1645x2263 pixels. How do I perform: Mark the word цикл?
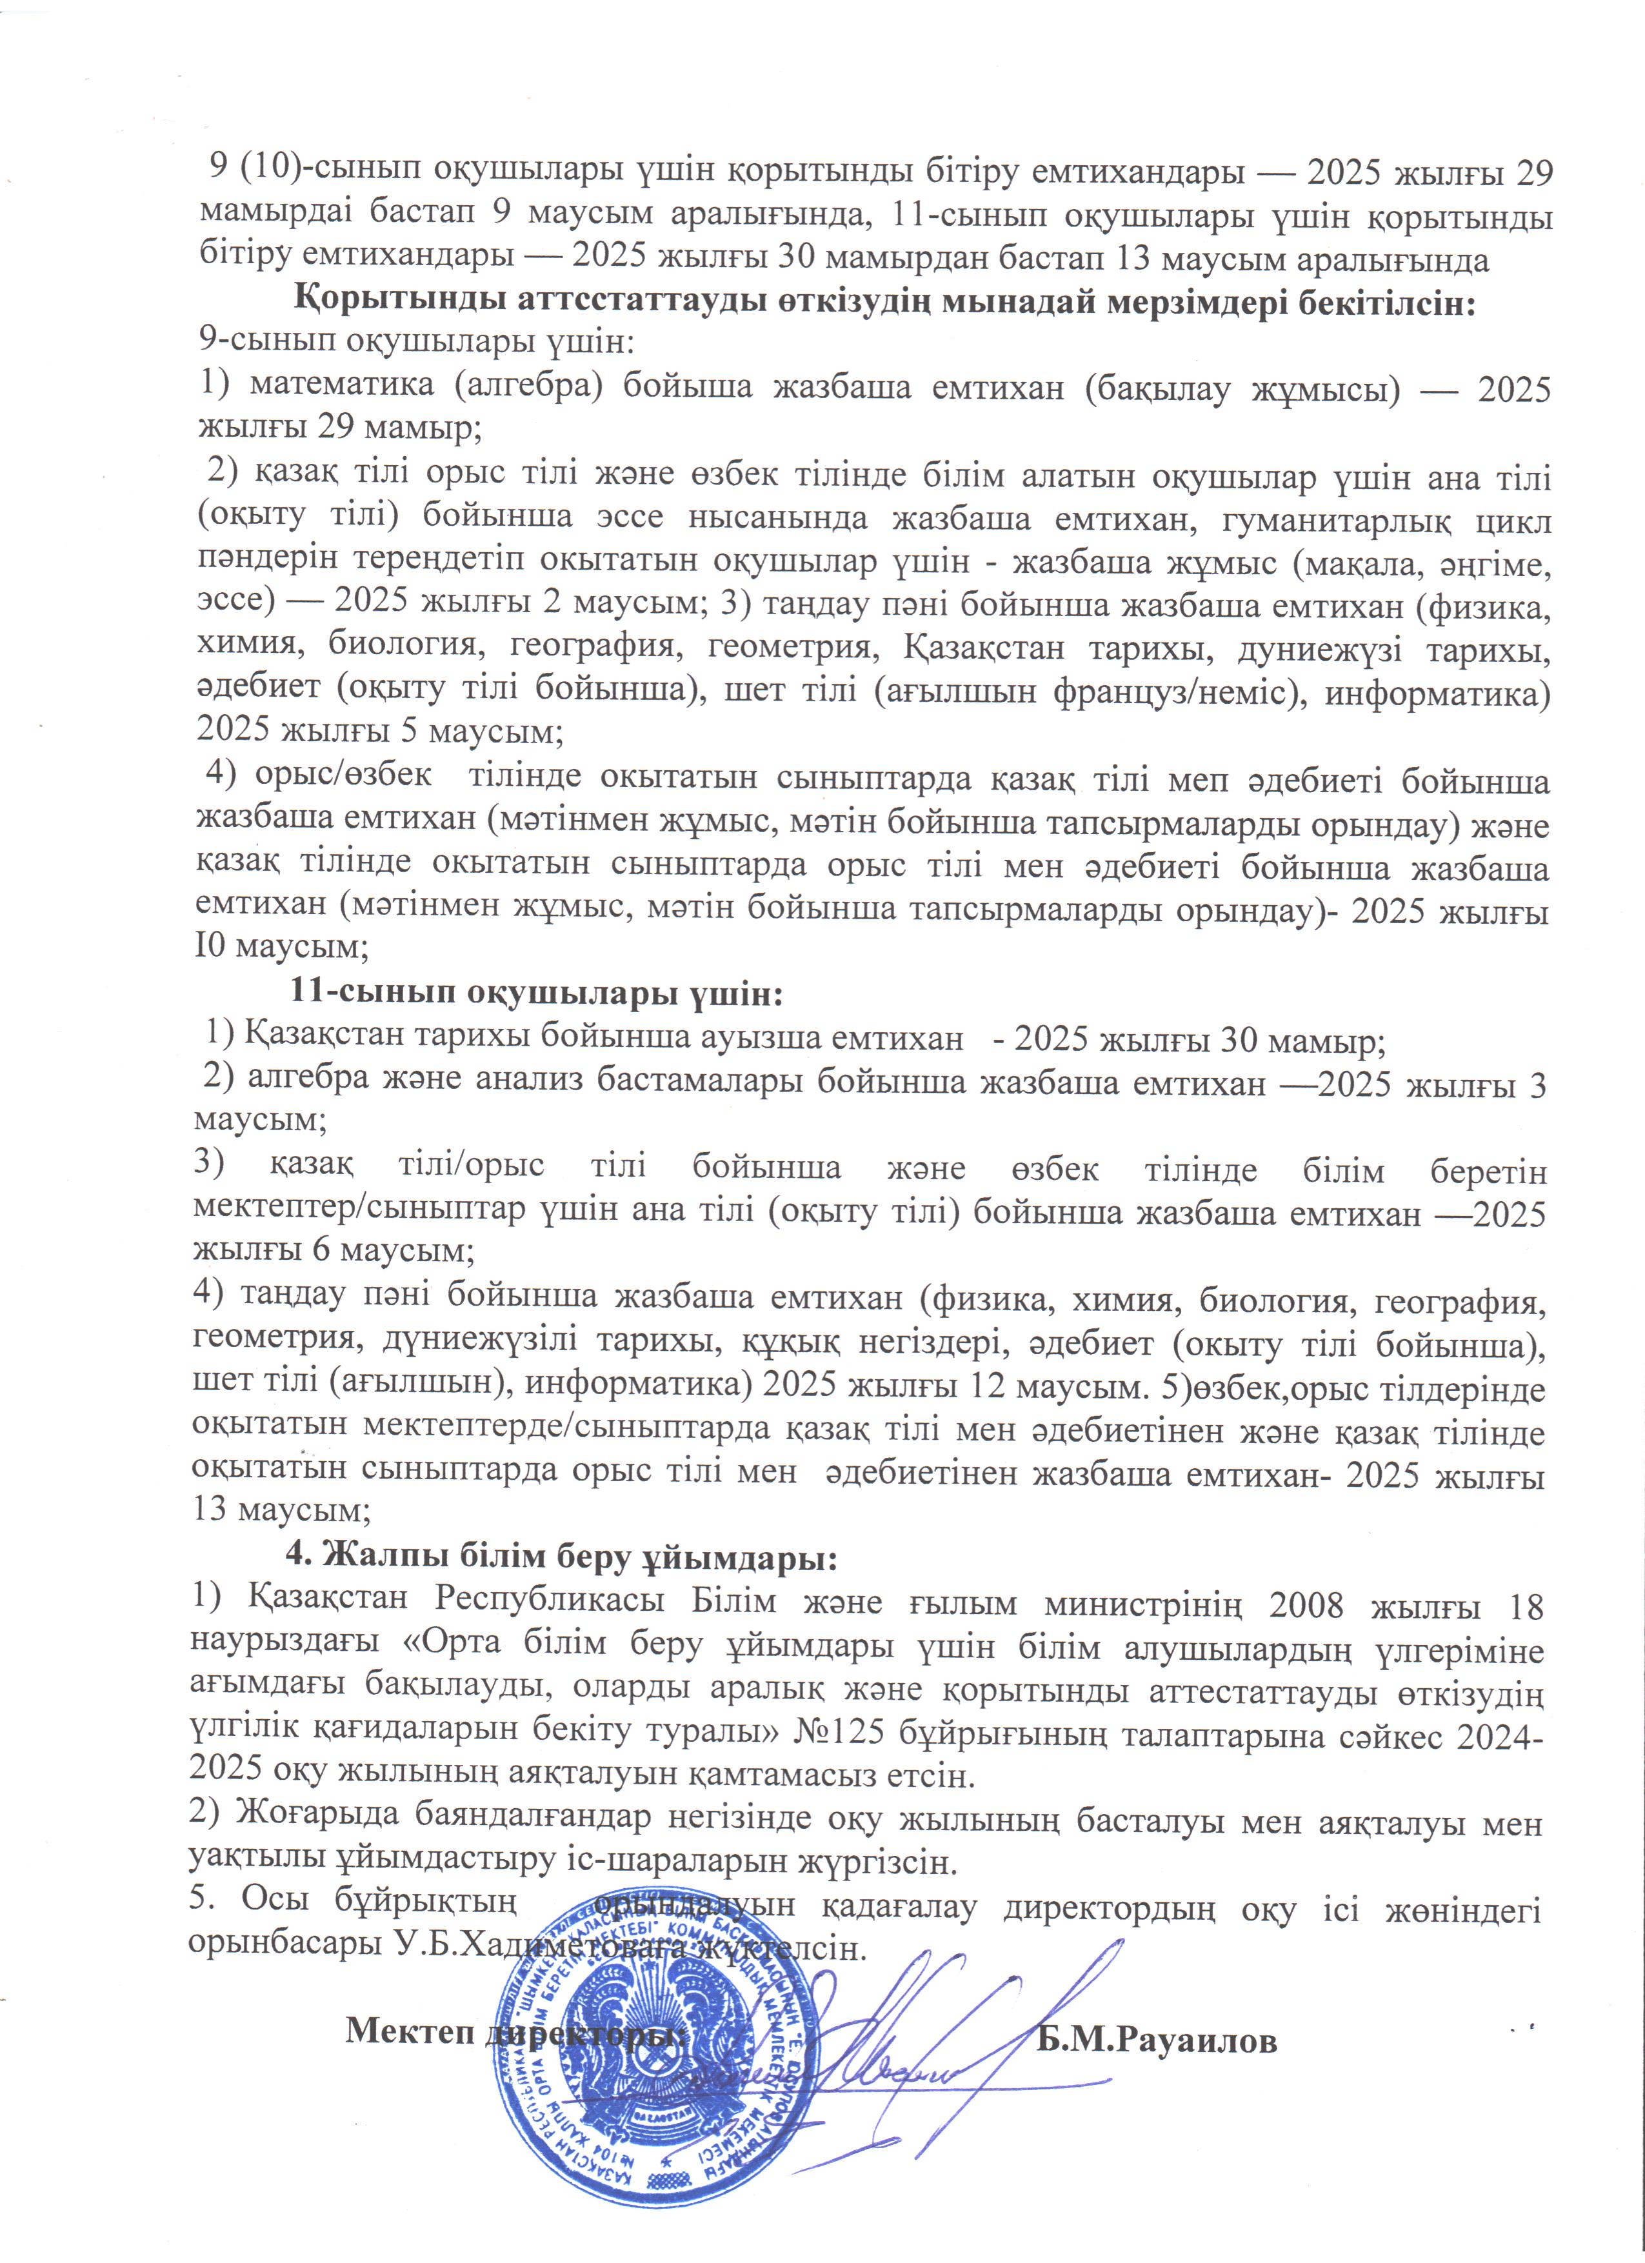(1513, 520)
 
